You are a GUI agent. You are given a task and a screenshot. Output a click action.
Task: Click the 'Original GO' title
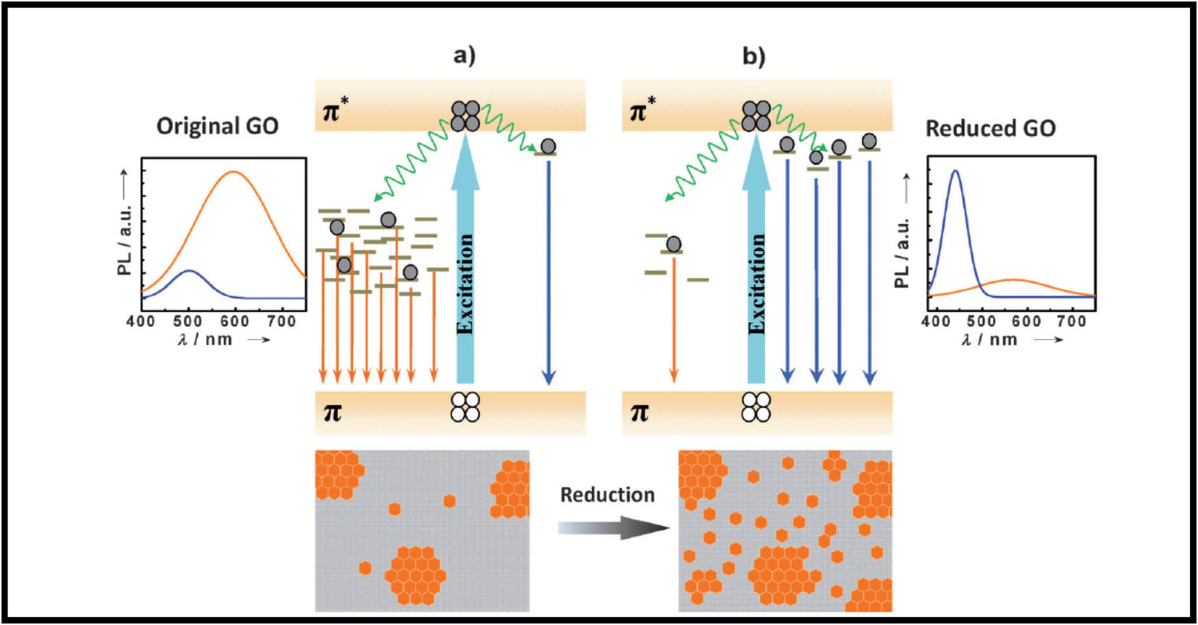click(x=217, y=126)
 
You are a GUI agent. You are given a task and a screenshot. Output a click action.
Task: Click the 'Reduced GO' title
click(x=990, y=128)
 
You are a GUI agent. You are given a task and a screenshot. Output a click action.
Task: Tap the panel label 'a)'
click(x=464, y=55)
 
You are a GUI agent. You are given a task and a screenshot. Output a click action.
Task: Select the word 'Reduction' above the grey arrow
click(x=607, y=494)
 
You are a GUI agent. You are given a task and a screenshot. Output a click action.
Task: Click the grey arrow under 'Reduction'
click(x=613, y=528)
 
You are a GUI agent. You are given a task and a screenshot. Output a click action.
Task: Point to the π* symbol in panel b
click(x=641, y=109)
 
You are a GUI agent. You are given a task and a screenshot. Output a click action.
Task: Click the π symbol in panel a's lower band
click(x=332, y=412)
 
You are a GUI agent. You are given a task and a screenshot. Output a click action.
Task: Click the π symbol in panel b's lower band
click(x=639, y=412)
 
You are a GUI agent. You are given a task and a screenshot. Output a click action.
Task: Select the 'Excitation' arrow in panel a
click(x=465, y=267)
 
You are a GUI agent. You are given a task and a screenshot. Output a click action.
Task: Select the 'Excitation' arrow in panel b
click(x=756, y=267)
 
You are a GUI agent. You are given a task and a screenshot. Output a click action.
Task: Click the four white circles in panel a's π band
click(x=465, y=407)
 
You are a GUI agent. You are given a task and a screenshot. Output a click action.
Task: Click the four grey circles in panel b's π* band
click(x=756, y=116)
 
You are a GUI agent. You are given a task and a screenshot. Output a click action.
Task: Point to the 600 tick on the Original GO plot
click(x=235, y=320)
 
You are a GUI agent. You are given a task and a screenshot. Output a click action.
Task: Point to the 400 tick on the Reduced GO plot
click(x=936, y=320)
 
